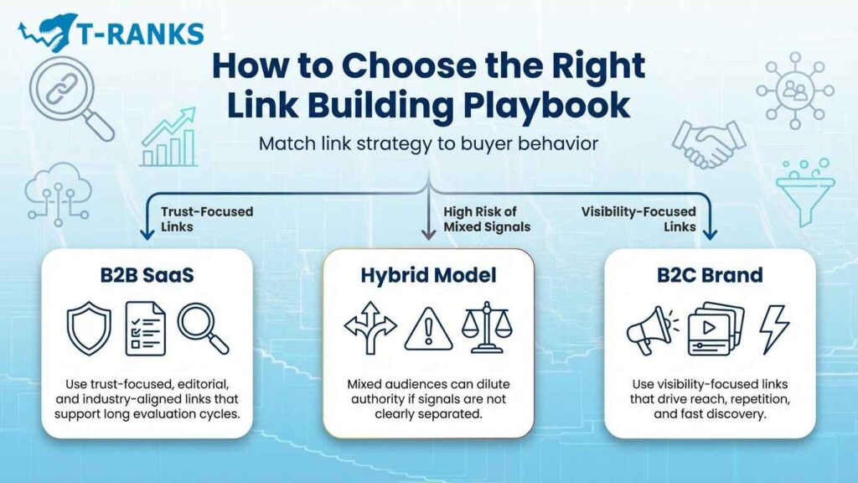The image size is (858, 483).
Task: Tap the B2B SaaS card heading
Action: click(147, 276)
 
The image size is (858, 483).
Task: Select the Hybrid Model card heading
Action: click(429, 276)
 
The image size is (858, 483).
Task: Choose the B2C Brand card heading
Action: click(709, 276)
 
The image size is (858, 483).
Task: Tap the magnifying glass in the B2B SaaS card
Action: click(204, 328)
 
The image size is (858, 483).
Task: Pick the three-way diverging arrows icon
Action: click(370, 330)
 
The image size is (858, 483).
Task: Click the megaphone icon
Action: click(650, 330)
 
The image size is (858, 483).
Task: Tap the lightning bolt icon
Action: click(772, 329)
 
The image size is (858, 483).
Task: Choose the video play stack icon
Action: click(712, 330)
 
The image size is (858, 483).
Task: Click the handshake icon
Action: click(703, 145)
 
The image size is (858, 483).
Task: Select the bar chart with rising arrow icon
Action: click(168, 138)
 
